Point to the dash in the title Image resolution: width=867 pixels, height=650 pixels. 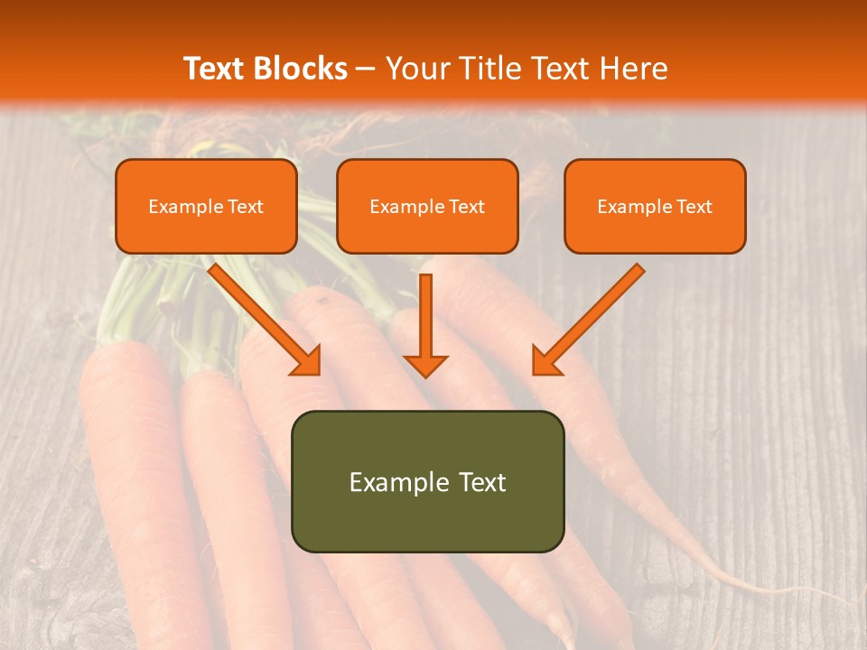coord(366,70)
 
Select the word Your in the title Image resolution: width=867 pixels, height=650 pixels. coord(418,69)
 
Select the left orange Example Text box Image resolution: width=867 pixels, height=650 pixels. coord(206,207)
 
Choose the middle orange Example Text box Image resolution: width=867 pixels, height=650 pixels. coord(427,207)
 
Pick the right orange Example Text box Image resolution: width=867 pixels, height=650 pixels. coord(655,207)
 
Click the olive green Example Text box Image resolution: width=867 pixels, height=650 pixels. coord(427,481)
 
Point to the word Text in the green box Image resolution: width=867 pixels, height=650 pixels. coord(481,482)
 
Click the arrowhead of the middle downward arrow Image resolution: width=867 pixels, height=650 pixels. coord(425,363)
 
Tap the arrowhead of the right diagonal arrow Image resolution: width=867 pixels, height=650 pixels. coord(546,360)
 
